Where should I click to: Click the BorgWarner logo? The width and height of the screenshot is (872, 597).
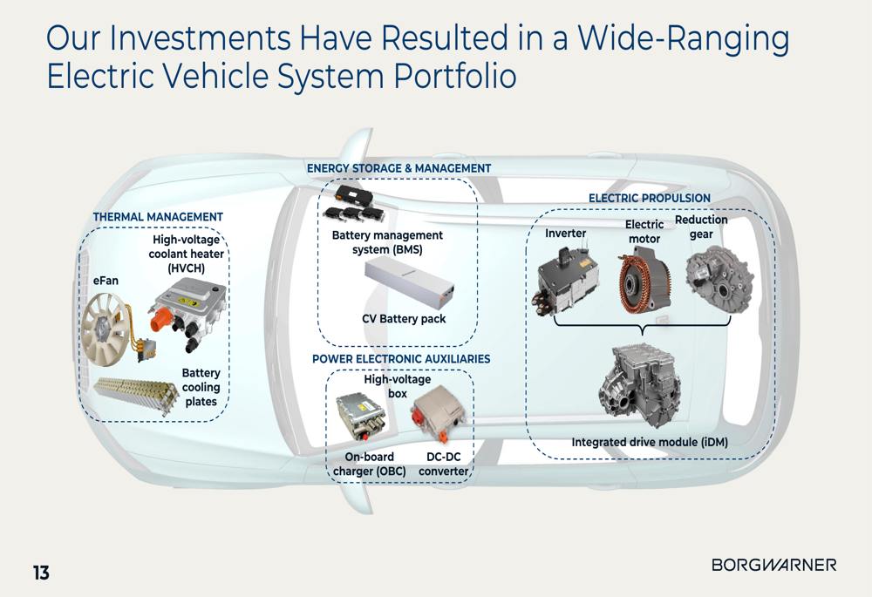click(x=773, y=565)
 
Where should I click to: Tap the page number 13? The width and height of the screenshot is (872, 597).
click(x=41, y=573)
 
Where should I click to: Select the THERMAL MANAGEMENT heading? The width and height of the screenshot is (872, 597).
click(x=158, y=217)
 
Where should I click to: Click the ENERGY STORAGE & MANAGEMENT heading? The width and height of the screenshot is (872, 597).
click(x=399, y=168)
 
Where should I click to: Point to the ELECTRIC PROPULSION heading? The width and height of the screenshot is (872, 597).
click(x=649, y=199)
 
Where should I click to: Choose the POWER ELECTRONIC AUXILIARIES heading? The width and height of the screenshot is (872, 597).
click(x=401, y=359)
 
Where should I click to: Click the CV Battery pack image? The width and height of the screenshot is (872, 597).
click(x=409, y=283)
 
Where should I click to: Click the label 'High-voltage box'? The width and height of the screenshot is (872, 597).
click(x=397, y=386)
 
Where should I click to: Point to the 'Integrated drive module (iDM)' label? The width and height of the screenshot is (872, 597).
click(x=649, y=443)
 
